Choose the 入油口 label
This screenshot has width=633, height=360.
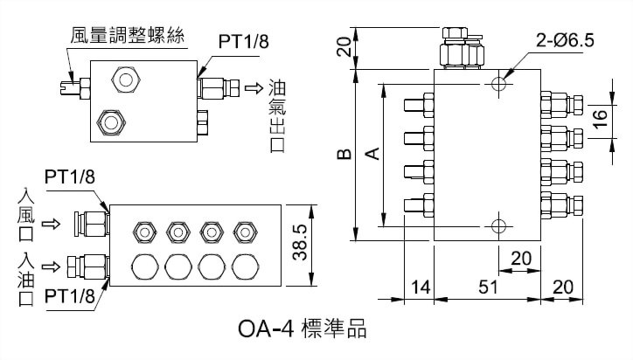(24, 271)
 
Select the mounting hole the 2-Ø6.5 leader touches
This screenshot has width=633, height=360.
(499, 84)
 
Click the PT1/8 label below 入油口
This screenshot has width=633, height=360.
(70, 296)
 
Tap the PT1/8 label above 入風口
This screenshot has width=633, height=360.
(70, 177)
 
